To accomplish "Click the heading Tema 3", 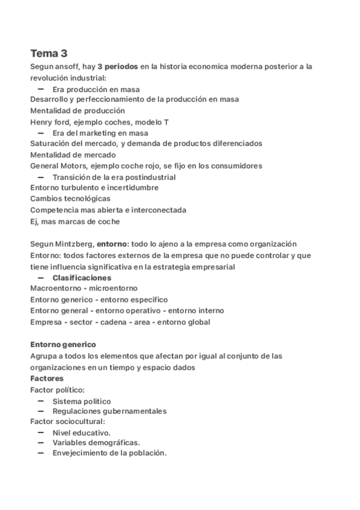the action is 49,53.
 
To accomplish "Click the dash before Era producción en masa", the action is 41,89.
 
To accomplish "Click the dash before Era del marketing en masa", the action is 41,132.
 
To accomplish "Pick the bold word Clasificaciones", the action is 82,278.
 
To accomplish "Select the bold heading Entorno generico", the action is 63,345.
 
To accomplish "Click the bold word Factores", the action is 46,378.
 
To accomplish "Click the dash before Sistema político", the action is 41,401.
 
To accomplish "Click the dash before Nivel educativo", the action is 41,432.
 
